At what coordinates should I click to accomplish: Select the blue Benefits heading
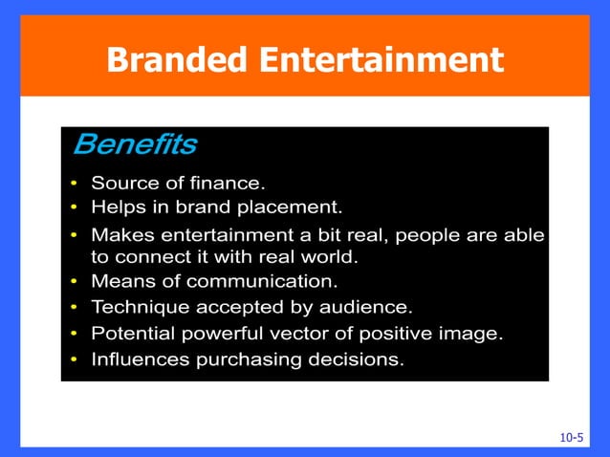135,144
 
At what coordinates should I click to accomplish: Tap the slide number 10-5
571,437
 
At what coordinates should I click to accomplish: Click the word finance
229,182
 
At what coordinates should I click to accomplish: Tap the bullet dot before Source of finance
75,183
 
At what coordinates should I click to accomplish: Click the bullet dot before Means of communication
75,283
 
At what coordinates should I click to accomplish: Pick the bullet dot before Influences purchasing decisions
75,360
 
